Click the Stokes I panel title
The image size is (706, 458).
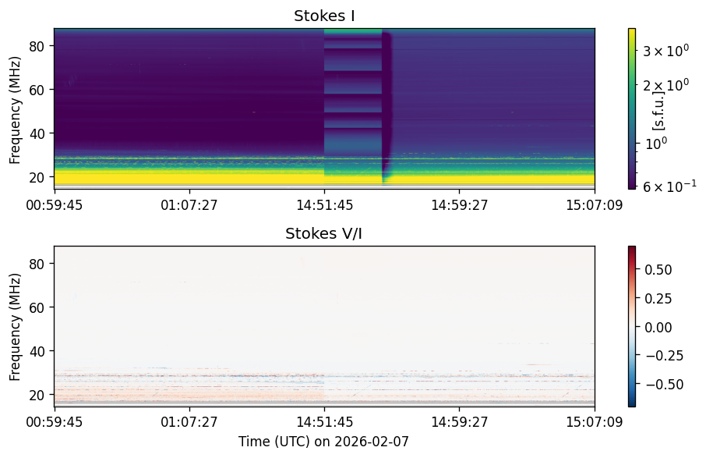click(x=324, y=16)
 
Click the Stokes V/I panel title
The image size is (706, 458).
click(x=323, y=233)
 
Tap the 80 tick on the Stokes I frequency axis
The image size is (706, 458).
click(x=36, y=47)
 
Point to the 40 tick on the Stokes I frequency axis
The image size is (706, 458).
click(x=36, y=134)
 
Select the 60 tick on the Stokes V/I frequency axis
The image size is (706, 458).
click(x=36, y=307)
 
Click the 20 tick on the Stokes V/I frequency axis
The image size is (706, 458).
click(x=36, y=395)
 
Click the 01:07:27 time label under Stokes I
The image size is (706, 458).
click(x=189, y=205)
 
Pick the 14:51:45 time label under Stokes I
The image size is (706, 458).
click(x=324, y=205)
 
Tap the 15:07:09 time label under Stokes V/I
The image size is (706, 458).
click(x=595, y=422)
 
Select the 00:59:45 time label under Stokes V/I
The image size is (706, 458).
click(x=54, y=422)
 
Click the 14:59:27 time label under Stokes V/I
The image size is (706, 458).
click(x=459, y=422)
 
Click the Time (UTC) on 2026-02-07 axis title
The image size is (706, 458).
click(x=323, y=442)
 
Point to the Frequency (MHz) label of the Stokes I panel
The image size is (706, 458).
click(x=15, y=111)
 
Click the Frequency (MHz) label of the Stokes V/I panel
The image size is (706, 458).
click(x=15, y=327)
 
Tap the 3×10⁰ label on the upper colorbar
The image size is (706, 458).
click(x=665, y=51)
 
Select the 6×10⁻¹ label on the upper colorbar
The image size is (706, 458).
click(x=669, y=185)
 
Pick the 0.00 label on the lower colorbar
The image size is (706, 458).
click(x=658, y=327)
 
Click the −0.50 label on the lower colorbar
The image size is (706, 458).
click(x=662, y=385)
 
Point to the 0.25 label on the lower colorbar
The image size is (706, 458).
click(x=658, y=299)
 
